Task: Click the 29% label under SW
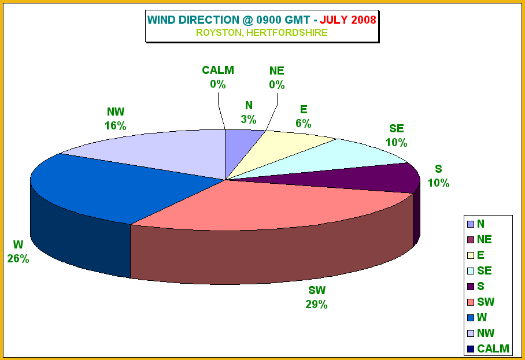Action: click(x=316, y=305)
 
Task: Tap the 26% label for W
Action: click(x=18, y=259)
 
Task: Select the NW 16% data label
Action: click(x=116, y=119)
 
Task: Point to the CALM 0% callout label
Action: click(x=218, y=77)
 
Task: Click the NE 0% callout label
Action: click(x=277, y=77)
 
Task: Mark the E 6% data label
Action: click(x=304, y=116)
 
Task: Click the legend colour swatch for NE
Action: click(x=471, y=240)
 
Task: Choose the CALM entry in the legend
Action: click(x=488, y=348)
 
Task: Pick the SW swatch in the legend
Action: click(x=471, y=302)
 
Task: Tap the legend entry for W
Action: click(x=477, y=317)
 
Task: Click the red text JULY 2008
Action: click(x=348, y=20)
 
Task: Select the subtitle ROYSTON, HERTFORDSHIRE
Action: click(x=262, y=32)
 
